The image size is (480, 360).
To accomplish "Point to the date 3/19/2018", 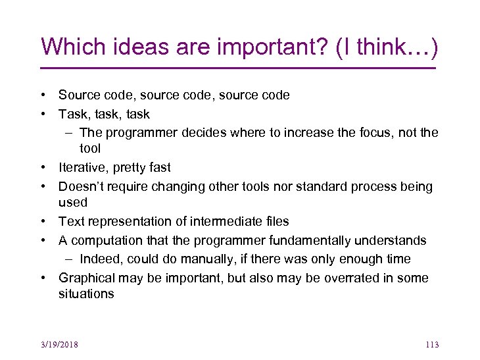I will pyautogui.click(x=59, y=345).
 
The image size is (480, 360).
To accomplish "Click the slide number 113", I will pyautogui.click(x=431, y=345).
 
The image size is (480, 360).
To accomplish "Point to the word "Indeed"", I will pyautogui.click(x=100, y=259).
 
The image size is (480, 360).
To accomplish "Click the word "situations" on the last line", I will pyautogui.click(x=86, y=294).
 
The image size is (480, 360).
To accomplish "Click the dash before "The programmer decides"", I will pyautogui.click(x=70, y=133).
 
